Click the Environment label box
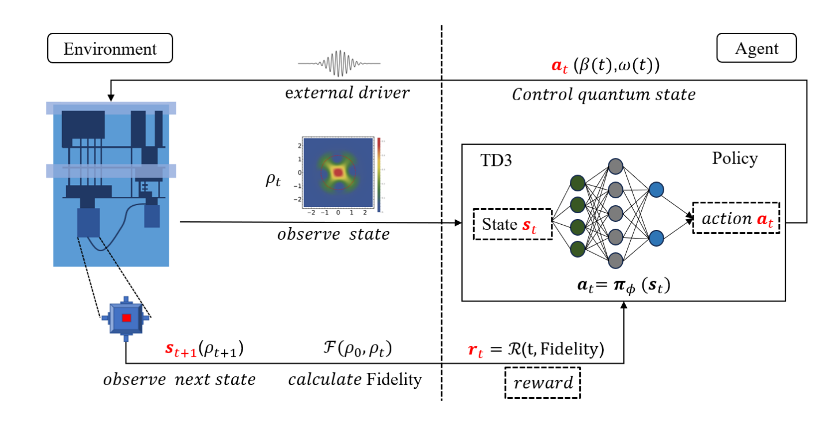(110, 48)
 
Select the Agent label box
(756, 48)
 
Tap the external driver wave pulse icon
(339, 62)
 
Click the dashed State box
(512, 224)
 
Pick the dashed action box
(736, 218)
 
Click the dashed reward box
(543, 383)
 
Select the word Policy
(735, 158)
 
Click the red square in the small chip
(127, 318)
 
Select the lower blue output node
(656, 237)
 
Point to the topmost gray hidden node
(615, 166)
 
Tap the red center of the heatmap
(339, 172)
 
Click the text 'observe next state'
(179, 380)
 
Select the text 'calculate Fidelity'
(355, 380)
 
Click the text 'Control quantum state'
(603, 95)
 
